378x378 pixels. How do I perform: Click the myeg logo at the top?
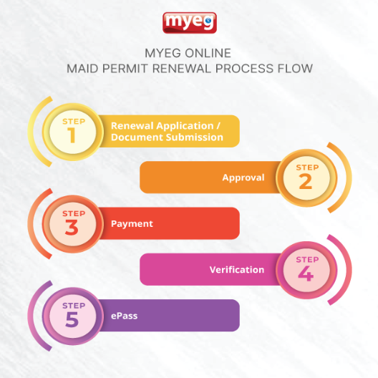[x=190, y=23]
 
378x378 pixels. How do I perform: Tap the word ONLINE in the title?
[x=208, y=53]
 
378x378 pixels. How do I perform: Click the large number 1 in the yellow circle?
[x=72, y=135]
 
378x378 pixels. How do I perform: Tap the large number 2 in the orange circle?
[x=306, y=181]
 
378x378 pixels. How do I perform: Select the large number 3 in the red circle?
[x=72, y=228]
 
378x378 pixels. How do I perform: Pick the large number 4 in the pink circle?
[x=306, y=273]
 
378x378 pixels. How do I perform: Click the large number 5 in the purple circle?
[x=72, y=319]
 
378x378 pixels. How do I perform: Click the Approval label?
[x=243, y=178]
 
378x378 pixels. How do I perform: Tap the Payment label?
[x=132, y=224]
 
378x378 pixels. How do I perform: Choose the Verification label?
[x=237, y=270]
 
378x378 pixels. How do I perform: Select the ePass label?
[x=124, y=316]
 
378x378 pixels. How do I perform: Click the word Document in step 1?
[x=137, y=137]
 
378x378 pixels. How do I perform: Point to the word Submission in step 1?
[x=195, y=137]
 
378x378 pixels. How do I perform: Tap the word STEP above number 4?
[x=307, y=260]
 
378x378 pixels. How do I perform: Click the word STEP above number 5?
[x=74, y=306]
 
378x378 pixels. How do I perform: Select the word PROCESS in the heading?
[x=244, y=69]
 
